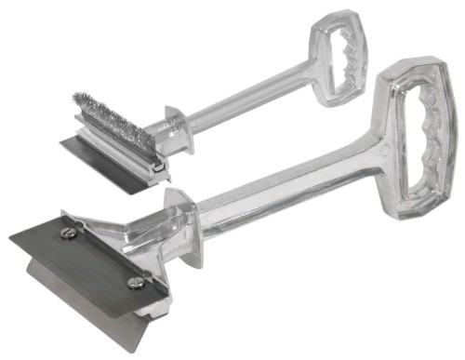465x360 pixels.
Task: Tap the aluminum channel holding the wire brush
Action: point(121,149)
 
